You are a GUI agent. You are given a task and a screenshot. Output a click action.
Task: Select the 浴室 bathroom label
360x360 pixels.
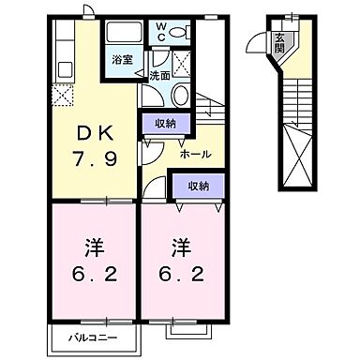122,60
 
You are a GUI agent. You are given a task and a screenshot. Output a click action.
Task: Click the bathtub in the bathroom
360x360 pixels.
122,35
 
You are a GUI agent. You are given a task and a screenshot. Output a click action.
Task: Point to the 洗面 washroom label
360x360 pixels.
159,75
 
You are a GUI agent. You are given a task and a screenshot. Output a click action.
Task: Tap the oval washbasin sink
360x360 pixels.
181,96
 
